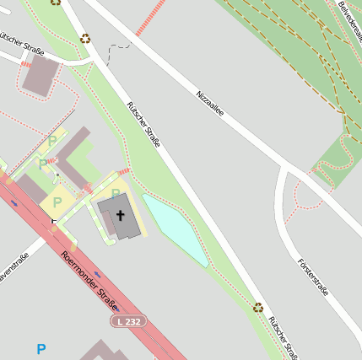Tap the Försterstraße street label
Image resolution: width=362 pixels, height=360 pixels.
pos(312,277)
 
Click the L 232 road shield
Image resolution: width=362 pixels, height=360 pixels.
pos(129,321)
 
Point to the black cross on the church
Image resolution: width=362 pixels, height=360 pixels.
pos(121,214)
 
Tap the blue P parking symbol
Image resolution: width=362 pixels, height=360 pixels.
pos(41,349)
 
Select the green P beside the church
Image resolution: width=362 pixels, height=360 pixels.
pos(116,193)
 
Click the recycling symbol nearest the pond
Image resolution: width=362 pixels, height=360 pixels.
pos(258,307)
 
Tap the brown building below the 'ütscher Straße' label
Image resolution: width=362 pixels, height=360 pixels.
pos(40,75)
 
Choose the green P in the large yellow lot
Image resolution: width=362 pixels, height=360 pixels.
pos(57,202)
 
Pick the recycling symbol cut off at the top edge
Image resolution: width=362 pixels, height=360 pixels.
pos(56,2)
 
